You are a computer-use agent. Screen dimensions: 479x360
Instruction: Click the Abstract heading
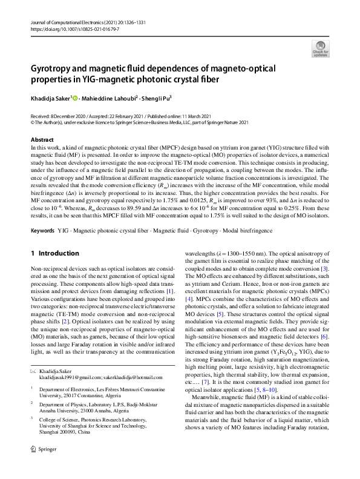(x=41, y=140)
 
